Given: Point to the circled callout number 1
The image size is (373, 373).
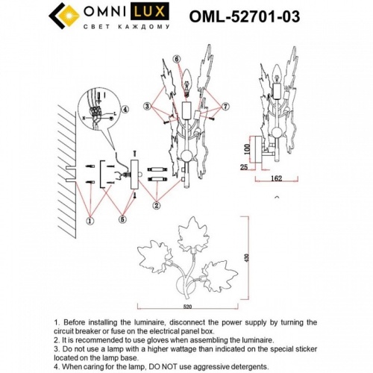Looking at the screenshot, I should pyautogui.click(x=90, y=221).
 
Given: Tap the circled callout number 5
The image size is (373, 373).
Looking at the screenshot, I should pyautogui.click(x=122, y=220).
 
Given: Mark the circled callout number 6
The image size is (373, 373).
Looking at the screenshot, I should pyautogui.click(x=176, y=59).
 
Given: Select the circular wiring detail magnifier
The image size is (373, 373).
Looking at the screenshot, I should pyautogui.click(x=98, y=110).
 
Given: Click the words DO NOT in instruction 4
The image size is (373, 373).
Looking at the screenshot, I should pyautogui.click(x=180, y=366).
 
